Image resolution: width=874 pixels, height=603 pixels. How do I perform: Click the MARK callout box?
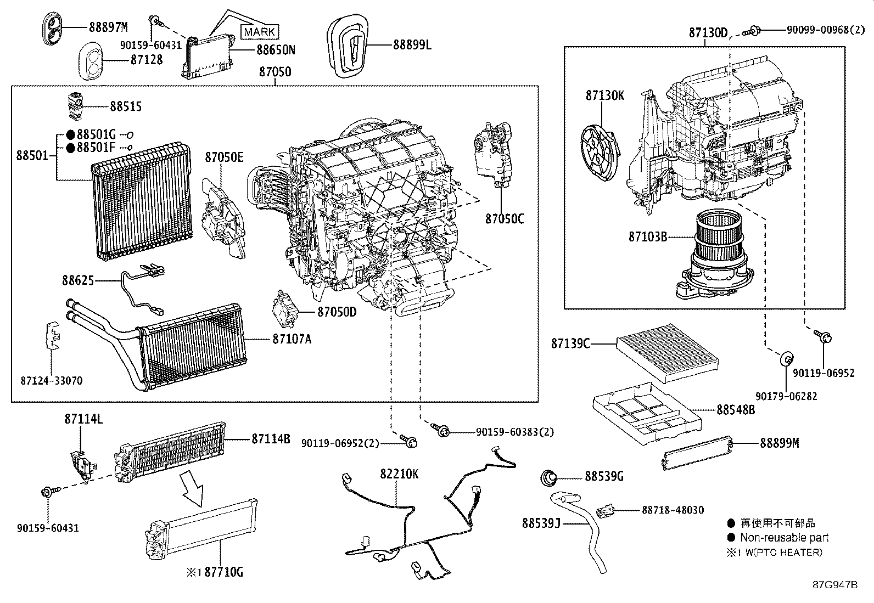point(259,32)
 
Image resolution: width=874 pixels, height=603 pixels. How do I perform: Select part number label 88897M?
point(109,27)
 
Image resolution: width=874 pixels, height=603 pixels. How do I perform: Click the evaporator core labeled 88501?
point(143,203)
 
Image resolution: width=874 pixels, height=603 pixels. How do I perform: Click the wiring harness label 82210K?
point(399,474)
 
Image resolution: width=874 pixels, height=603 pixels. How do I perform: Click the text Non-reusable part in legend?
point(784,538)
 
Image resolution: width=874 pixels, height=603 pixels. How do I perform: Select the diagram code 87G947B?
point(835,584)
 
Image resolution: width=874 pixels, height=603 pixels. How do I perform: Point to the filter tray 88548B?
point(648,413)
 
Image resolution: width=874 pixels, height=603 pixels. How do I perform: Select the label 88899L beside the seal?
point(412,45)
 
